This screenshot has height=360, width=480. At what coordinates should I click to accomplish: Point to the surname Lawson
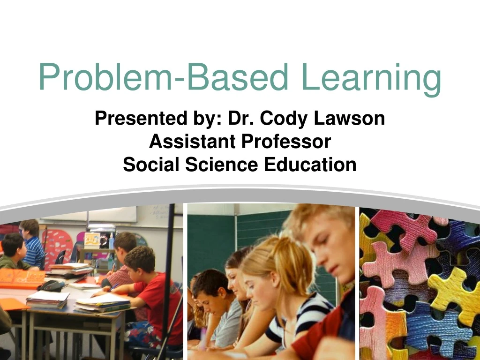pyautogui.click(x=350, y=118)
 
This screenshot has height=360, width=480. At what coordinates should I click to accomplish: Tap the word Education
pyautogui.click(x=310, y=165)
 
